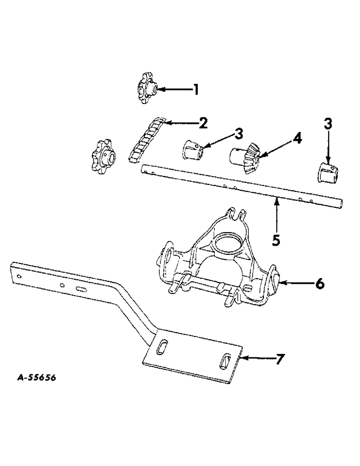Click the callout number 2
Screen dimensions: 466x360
pyautogui.click(x=202, y=123)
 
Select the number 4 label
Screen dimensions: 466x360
pyautogui.click(x=297, y=138)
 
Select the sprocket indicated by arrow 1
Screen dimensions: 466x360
pyautogui.click(x=147, y=87)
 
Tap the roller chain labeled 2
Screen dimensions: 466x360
pyautogui.click(x=146, y=140)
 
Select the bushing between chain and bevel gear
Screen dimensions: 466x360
pyautogui.click(x=192, y=150)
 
